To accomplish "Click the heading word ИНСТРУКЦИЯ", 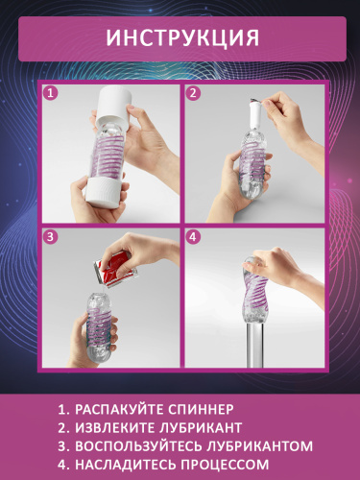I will point(180,37).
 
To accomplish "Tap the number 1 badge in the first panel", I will point(51,94).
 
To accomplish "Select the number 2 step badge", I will point(193,94).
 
